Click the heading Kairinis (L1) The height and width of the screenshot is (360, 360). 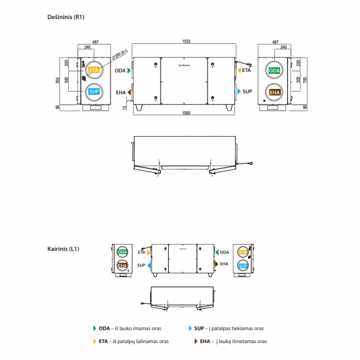pyautogui.click(x=63, y=249)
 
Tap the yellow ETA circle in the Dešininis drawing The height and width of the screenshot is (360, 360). pyautogui.click(x=94, y=70)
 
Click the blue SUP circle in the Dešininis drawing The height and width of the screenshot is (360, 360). pyautogui.click(x=94, y=92)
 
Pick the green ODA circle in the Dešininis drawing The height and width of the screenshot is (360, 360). pyautogui.click(x=275, y=70)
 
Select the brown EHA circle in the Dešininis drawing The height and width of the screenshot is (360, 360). pyautogui.click(x=275, y=92)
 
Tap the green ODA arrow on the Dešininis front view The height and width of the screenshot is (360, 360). pyautogui.click(x=130, y=70)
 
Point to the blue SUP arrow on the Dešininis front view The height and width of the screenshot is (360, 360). pyautogui.click(x=237, y=92)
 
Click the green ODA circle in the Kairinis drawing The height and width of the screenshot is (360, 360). pyautogui.click(x=122, y=252)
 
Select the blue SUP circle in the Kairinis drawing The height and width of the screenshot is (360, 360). pyautogui.click(x=243, y=265)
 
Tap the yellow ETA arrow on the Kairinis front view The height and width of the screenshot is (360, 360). pyautogui.click(x=149, y=251)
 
